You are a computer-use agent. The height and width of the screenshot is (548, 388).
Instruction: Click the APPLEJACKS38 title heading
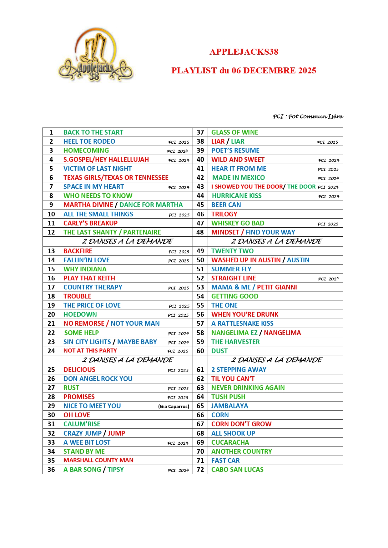(244, 52)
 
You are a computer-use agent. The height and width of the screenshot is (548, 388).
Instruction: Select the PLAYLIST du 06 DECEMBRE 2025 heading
(244, 71)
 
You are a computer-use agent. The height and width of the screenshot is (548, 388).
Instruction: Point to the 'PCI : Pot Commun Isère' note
(308, 116)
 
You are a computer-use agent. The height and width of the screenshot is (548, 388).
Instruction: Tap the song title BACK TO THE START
(93, 132)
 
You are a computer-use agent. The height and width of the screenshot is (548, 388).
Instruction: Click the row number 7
(51, 187)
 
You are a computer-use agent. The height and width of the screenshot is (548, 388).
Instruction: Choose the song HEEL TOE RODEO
(89, 141)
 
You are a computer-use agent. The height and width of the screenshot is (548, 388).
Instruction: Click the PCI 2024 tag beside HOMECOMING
(178, 151)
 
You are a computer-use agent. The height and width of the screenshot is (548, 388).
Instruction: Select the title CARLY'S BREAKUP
(90, 223)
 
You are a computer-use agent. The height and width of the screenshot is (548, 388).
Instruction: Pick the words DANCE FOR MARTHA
(151, 205)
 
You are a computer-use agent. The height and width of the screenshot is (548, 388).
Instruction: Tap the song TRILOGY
(224, 214)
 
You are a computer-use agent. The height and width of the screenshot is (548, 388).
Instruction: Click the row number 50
(200, 260)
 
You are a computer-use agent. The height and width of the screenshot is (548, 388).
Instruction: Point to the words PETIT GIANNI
(277, 287)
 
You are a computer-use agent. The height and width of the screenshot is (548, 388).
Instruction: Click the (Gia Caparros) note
(174, 407)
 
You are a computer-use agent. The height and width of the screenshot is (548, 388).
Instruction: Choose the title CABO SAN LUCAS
(237, 470)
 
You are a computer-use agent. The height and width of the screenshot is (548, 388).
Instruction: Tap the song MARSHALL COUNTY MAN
(98, 460)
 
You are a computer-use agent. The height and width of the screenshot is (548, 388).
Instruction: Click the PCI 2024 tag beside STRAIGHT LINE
(328, 279)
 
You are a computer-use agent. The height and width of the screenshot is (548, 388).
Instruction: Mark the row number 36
(51, 470)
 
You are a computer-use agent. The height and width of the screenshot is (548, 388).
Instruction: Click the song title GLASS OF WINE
(234, 132)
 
